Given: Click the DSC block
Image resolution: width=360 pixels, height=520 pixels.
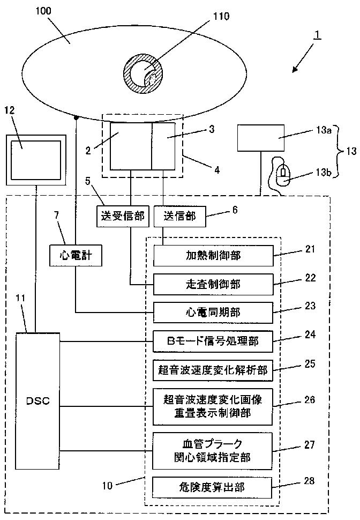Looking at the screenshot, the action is (x=38, y=400).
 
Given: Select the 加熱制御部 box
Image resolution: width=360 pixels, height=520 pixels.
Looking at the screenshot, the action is (x=213, y=256).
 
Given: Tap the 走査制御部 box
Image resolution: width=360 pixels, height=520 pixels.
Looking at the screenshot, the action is (x=213, y=284).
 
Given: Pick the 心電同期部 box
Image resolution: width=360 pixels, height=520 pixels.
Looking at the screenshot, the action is (x=213, y=313).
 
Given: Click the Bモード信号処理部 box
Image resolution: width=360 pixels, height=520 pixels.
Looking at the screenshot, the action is (x=213, y=341).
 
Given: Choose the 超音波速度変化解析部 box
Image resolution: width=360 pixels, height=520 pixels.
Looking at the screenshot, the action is (x=213, y=370).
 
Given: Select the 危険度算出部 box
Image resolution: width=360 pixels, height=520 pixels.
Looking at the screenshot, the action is (x=212, y=487).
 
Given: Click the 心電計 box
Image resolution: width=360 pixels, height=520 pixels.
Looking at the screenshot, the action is (x=76, y=255).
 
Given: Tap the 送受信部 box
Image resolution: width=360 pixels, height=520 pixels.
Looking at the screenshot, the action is (x=123, y=217).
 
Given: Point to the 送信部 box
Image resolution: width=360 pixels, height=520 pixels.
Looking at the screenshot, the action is (x=180, y=217).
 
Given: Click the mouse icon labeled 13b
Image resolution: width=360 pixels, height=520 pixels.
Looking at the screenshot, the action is (x=282, y=174).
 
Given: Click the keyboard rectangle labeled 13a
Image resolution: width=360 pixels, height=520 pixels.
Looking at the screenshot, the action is (x=261, y=138).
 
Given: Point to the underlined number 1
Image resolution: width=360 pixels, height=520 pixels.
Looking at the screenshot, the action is (x=317, y=34).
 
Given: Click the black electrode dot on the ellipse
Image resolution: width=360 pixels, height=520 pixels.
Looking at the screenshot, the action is (x=76, y=117).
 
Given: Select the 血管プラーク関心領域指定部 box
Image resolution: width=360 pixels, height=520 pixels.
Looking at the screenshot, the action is (x=213, y=451).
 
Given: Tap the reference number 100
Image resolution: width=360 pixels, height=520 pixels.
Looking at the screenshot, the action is (x=43, y=11).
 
